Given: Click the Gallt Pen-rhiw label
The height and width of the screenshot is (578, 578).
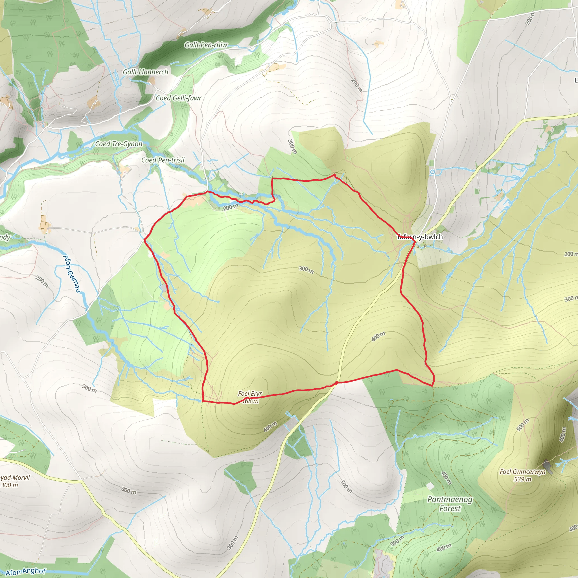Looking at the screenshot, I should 206,45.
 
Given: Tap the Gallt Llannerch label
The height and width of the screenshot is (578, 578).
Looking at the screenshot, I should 145,72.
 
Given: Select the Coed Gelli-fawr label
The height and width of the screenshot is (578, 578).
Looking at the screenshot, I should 179,98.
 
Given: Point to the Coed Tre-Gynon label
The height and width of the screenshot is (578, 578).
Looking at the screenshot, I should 119,144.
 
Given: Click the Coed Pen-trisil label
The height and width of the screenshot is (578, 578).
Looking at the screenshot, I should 163,160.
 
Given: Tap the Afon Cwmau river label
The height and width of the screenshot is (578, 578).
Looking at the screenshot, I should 72,273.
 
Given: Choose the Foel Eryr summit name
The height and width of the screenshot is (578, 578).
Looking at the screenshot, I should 250,393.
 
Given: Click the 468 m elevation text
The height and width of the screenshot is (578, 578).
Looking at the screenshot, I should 250,401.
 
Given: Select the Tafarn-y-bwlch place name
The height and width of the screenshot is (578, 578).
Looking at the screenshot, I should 420,237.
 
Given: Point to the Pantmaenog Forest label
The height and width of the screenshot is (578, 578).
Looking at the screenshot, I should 450,504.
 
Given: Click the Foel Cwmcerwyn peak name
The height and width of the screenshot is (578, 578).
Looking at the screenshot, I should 523,472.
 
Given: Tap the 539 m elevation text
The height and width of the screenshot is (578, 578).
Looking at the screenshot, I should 523,479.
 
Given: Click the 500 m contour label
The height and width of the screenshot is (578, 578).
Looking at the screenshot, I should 523,425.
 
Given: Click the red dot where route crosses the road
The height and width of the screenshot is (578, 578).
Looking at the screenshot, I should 337,383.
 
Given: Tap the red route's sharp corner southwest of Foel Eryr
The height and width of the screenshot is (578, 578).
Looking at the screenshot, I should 203,401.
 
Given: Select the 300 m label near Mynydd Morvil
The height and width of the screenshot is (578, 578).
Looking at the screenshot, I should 10,485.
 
